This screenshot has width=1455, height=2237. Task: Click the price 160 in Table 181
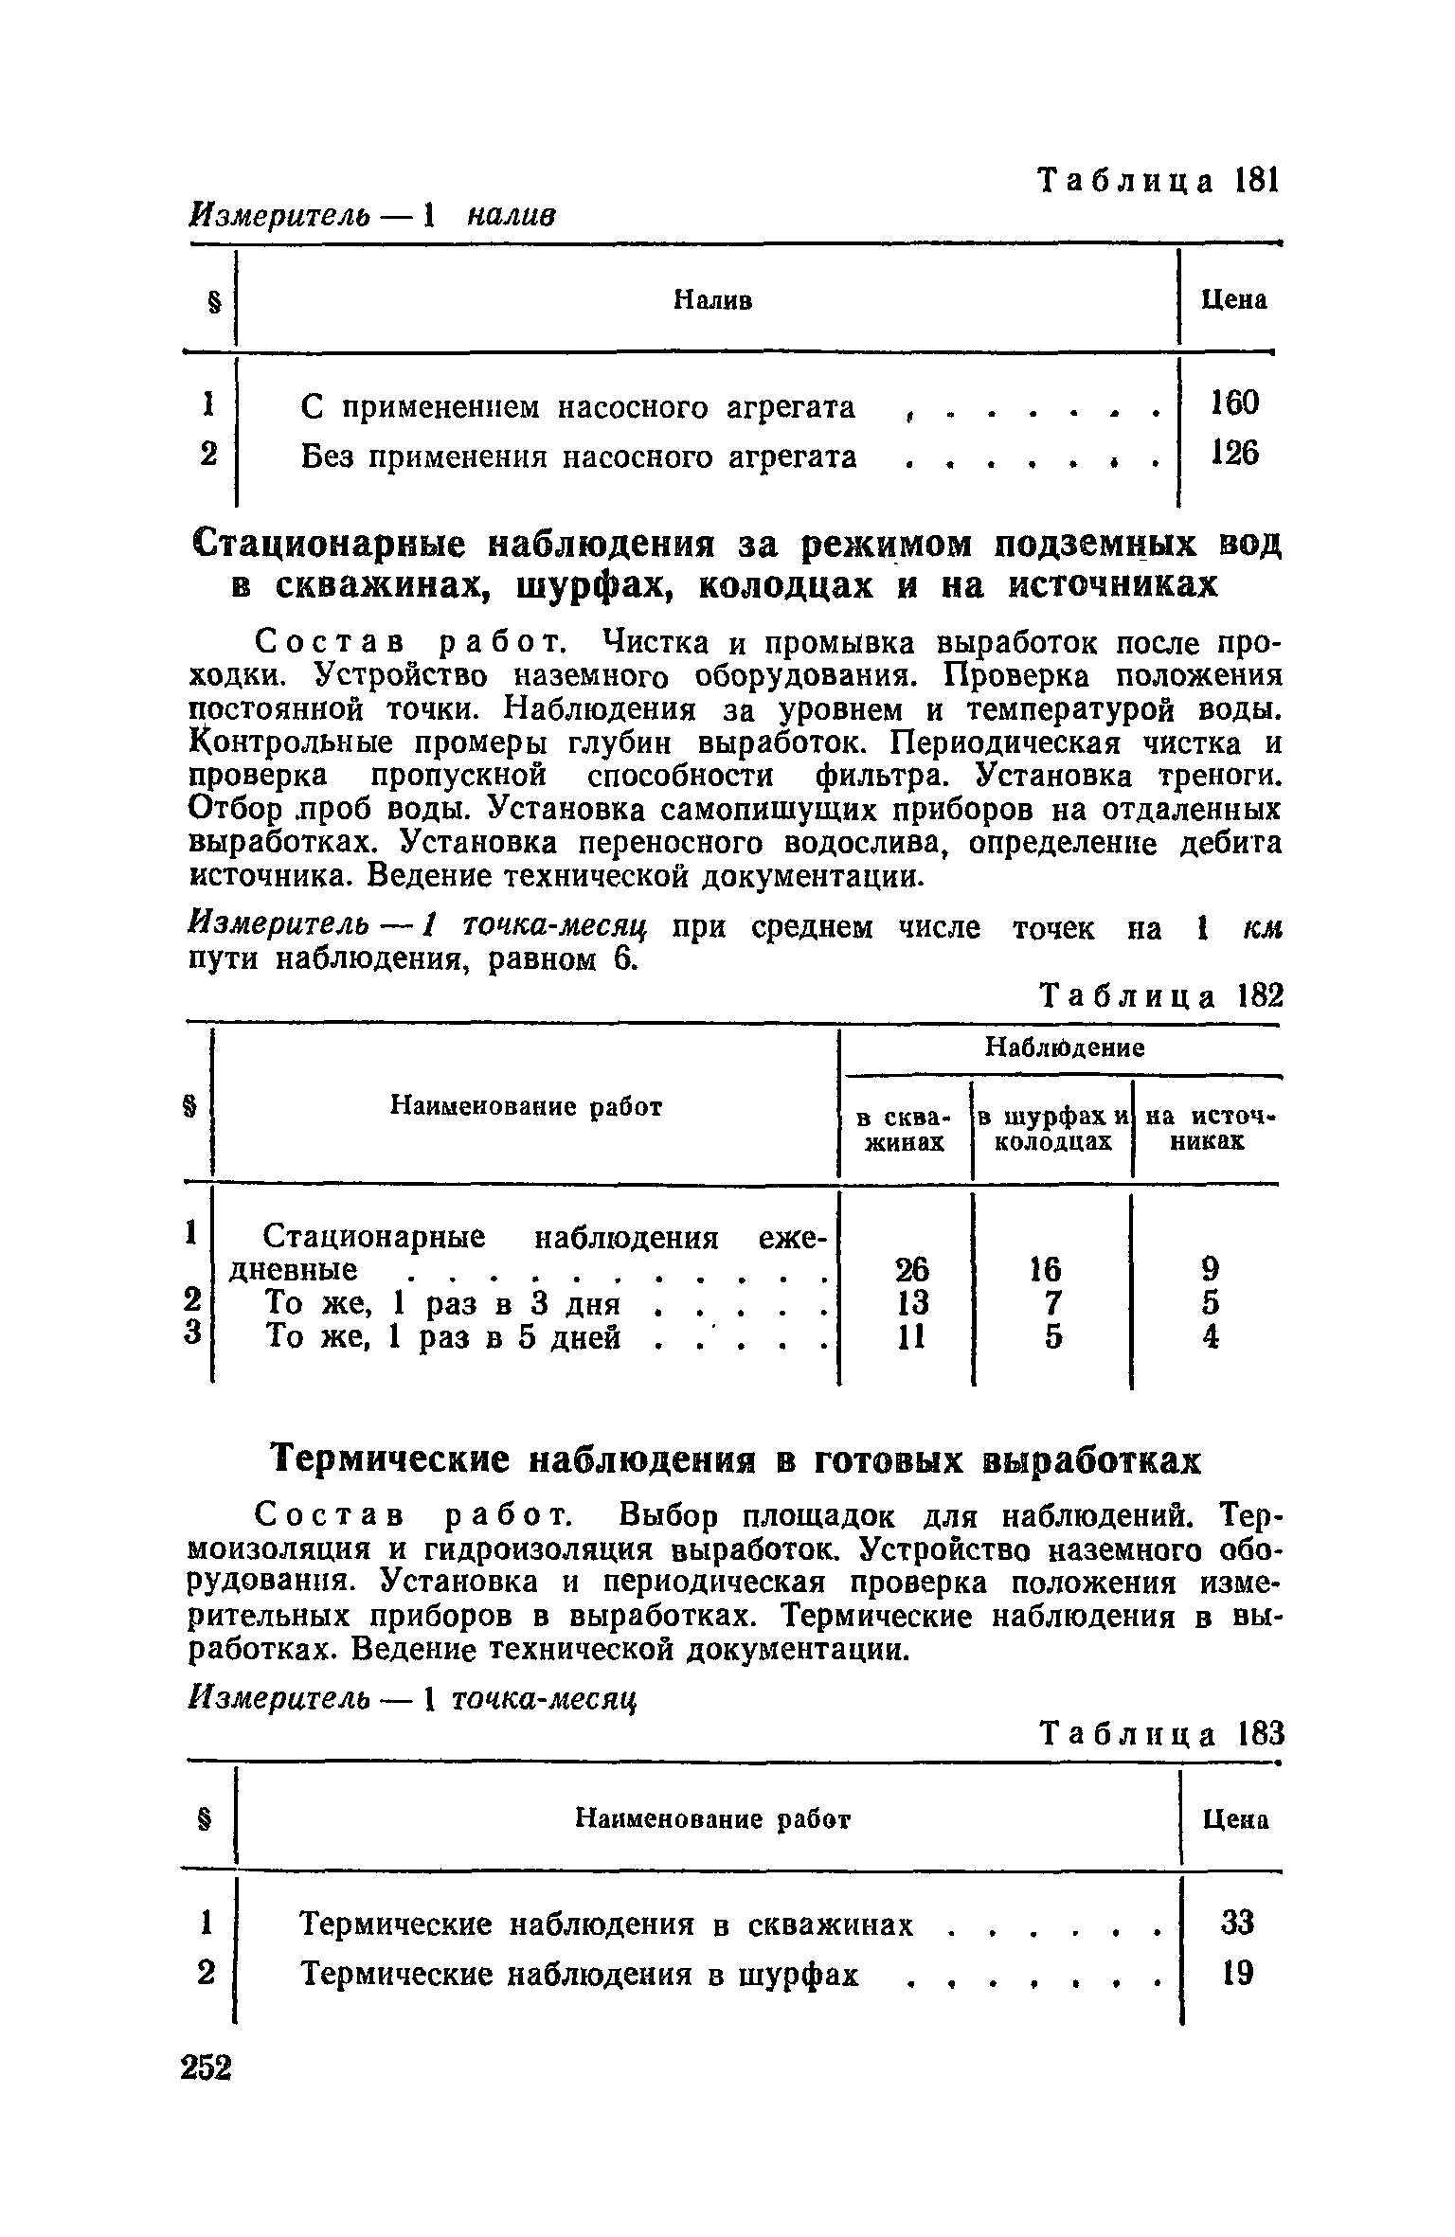[x=1235, y=404]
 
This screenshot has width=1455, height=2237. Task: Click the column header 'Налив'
[x=712, y=300]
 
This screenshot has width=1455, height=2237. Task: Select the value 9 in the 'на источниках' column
[x=1210, y=1269]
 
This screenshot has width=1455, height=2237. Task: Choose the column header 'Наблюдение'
[x=1065, y=1047]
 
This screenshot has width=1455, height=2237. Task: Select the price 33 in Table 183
[x=1237, y=1924]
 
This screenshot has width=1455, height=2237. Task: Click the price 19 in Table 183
[x=1237, y=1974]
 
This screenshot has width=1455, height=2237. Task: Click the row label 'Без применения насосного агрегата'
[x=579, y=457]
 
